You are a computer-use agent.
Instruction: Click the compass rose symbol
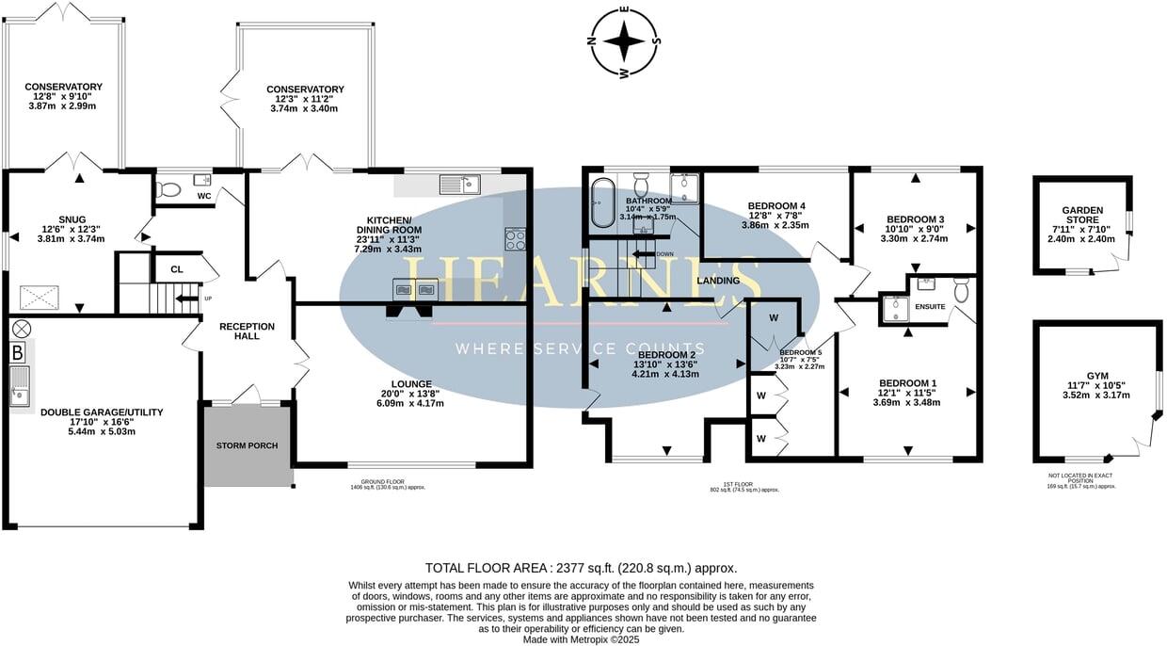pyautogui.click(x=623, y=42)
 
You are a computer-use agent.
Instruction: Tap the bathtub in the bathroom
pyautogui.click(x=600, y=204)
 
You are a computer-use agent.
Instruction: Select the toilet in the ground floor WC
pyautogui.click(x=169, y=188)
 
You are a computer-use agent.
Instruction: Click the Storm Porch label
pyautogui.click(x=247, y=445)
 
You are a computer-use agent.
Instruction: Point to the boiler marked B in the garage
pyautogui.click(x=17, y=354)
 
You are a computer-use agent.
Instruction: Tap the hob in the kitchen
pyautogui.click(x=516, y=239)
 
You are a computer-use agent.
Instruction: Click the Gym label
pyautogui.click(x=1097, y=374)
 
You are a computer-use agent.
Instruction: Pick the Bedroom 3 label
pyautogui.click(x=916, y=219)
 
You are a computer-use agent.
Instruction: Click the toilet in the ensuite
pyautogui.click(x=961, y=289)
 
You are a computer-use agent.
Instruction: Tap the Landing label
pyautogui.click(x=717, y=281)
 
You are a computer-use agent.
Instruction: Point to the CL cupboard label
pyautogui.click(x=177, y=269)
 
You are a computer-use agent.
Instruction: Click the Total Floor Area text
pyautogui.click(x=581, y=568)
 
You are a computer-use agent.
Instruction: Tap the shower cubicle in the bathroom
pyautogui.click(x=684, y=189)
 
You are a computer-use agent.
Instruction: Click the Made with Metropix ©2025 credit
pyautogui.click(x=581, y=639)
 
